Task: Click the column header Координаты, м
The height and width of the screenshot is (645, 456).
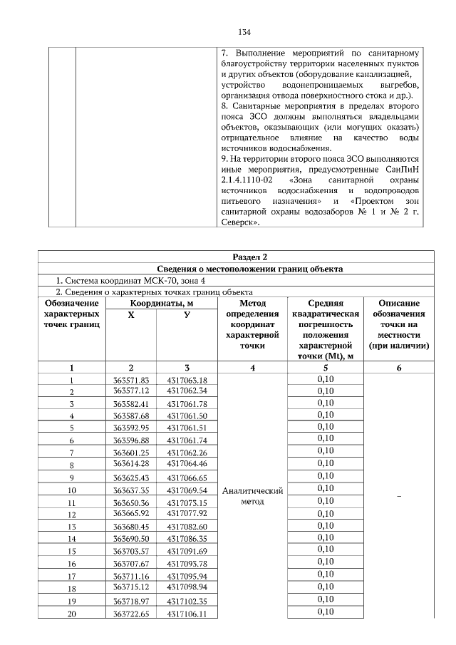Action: pyautogui.click(x=162, y=303)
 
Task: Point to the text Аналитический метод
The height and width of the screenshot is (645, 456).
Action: pyautogui.click(x=253, y=496)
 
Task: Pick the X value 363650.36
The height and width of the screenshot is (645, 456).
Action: pyautogui.click(x=130, y=502)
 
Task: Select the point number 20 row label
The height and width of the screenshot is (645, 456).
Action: pyautogui.click(x=71, y=613)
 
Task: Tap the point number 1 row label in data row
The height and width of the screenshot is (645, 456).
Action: pyautogui.click(x=71, y=381)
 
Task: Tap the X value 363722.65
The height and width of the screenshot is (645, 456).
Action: pyautogui.click(x=130, y=612)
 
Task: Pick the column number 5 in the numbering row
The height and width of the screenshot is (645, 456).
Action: pyautogui.click(x=325, y=368)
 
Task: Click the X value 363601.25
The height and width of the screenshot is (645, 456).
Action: pyautogui.click(x=130, y=451)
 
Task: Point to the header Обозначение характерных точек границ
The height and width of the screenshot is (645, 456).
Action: pyautogui.click(x=71, y=314)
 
